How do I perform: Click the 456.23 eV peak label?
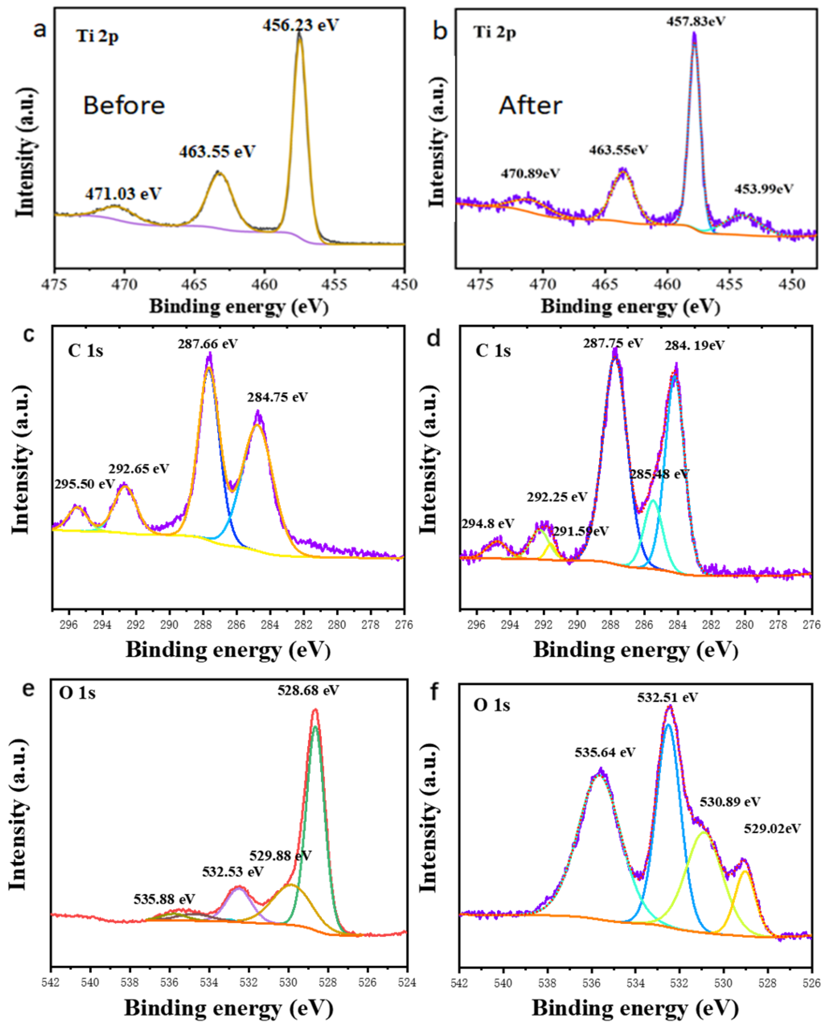pyautogui.click(x=300, y=25)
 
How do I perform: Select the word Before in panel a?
pyautogui.click(x=124, y=105)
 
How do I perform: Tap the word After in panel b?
pyautogui.click(x=530, y=105)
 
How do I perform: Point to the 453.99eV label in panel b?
pyautogui.click(x=764, y=189)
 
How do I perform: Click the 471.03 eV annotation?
pyautogui.click(x=123, y=193)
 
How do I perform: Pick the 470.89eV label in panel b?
pyautogui.click(x=530, y=173)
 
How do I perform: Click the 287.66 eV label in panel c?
pyautogui.click(x=208, y=343)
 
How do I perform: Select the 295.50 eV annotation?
pyautogui.click(x=84, y=484)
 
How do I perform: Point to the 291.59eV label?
pyautogui.click(x=580, y=531)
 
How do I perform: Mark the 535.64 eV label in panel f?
pyautogui.click(x=605, y=752)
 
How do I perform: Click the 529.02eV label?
pyautogui.click(x=772, y=829)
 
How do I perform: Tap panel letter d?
pyautogui.click(x=434, y=339)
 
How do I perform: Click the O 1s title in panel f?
pyautogui.click(x=491, y=705)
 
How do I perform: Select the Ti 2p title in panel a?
pyautogui.click(x=97, y=36)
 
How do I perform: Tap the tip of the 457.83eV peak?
pyautogui.click(x=694, y=33)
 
